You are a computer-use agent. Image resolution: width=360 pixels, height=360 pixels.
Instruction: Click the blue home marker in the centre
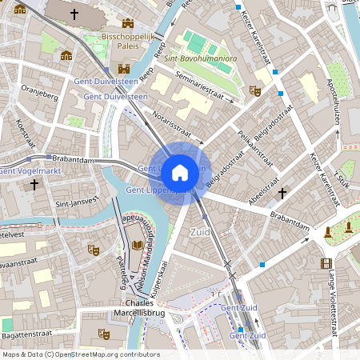pos(180,172)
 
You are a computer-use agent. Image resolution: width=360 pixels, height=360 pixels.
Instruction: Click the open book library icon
pos(138,245)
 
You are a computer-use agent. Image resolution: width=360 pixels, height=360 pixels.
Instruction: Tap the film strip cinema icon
pos(326,262)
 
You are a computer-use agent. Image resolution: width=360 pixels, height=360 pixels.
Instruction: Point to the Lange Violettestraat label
pos(331,300)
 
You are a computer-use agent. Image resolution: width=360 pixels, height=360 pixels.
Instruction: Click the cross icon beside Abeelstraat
pos(282,193)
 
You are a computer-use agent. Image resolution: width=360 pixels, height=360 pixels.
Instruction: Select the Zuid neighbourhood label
pos(200,231)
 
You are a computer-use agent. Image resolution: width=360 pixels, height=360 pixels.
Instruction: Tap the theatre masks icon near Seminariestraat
pos(255,91)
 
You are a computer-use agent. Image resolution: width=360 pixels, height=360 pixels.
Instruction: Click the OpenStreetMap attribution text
pos(80,354)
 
